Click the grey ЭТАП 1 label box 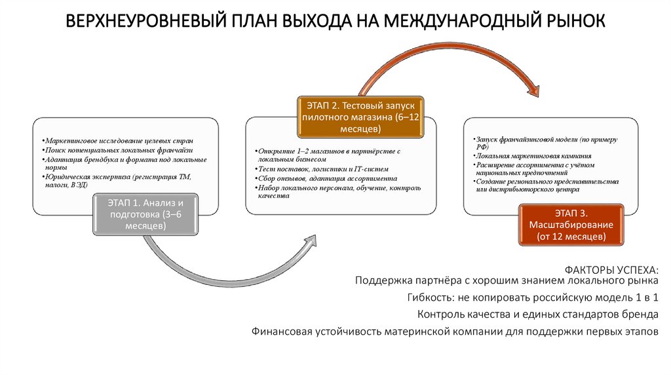(x=145, y=214)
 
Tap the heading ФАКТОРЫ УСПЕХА (x=610, y=270)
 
